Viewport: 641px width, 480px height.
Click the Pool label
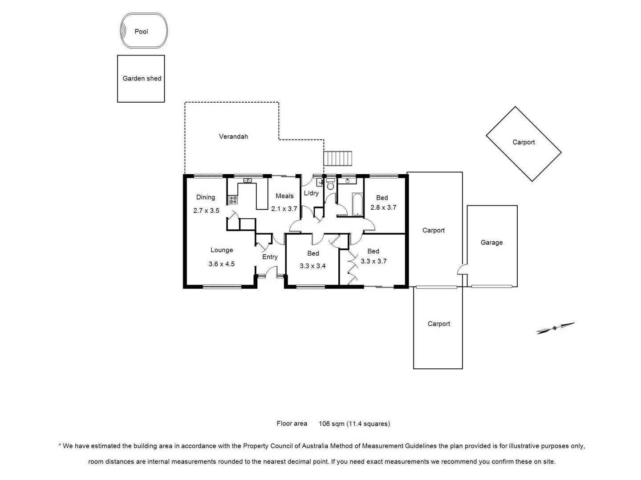[141, 32]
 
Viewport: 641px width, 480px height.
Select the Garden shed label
[142, 79]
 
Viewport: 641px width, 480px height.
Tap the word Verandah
[233, 136]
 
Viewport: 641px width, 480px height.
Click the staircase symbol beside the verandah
[337, 158]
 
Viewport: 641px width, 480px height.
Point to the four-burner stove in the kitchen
[233, 200]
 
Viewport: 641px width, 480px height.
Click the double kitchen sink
[248, 180]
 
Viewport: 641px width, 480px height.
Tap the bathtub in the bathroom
[357, 204]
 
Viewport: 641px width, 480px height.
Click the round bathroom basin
[347, 180]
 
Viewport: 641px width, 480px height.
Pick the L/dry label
[311, 193]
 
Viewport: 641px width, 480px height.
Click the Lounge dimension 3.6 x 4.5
[221, 264]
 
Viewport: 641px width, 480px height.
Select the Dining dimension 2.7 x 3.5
[206, 211]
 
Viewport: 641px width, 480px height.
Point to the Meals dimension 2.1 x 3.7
[284, 208]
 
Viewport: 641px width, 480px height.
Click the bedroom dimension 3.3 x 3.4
[312, 266]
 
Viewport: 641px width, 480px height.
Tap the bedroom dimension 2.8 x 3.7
[383, 208]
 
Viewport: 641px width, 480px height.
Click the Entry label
[270, 257]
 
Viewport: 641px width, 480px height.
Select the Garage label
[491, 243]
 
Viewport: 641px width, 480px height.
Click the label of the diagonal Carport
[523, 142]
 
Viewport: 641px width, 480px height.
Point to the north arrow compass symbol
[555, 328]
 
